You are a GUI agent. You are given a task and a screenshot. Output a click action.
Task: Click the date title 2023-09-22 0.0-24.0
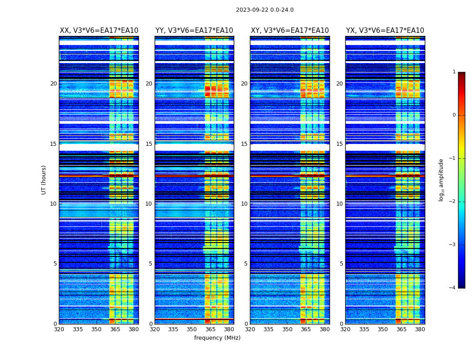point(264,10)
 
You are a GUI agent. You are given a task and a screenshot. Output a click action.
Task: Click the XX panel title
point(99,31)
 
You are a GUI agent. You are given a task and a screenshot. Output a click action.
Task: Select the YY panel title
point(194,31)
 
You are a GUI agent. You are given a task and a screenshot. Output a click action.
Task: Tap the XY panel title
point(289,31)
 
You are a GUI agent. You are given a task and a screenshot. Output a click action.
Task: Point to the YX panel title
point(385,31)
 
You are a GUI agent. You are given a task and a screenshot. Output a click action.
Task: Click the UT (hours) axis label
point(44,180)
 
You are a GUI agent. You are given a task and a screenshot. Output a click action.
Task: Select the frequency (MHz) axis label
point(217,338)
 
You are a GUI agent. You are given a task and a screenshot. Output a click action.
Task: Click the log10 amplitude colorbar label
point(441,180)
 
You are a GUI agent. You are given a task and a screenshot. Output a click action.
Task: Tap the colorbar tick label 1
point(454,72)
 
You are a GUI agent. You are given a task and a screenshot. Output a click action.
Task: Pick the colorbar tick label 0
point(454,115)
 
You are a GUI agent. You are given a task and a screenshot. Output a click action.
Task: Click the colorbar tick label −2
point(453,202)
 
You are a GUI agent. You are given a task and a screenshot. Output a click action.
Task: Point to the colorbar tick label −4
point(453,288)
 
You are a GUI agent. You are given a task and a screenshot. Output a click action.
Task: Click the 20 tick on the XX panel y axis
point(53,84)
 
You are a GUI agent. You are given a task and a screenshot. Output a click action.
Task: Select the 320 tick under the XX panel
point(59,329)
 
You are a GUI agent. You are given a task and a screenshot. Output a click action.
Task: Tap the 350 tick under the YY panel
point(192,329)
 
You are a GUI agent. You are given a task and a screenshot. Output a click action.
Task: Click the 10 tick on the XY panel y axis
point(245,204)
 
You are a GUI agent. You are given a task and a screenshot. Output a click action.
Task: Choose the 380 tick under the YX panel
point(420,329)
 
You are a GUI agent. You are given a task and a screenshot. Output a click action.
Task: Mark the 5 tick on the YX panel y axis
point(342,264)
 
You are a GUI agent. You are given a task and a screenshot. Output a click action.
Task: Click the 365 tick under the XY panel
point(306,329)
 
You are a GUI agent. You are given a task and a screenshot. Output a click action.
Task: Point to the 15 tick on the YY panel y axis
point(149,144)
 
